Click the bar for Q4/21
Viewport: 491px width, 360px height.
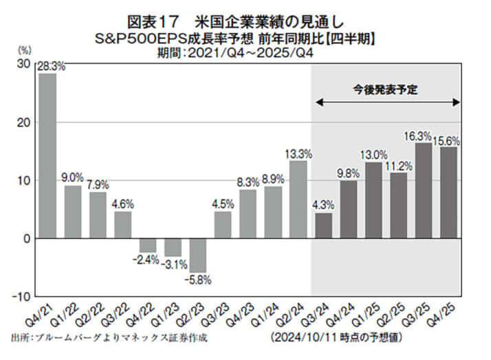click(47, 156)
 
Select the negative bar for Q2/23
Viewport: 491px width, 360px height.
click(197, 255)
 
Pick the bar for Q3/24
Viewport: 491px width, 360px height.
click(323, 226)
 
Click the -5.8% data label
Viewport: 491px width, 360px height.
click(198, 280)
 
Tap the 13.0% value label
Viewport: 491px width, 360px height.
click(373, 155)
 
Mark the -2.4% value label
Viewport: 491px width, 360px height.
click(148, 260)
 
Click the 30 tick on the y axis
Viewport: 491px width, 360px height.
click(23, 63)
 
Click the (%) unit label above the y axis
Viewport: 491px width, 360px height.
click(24, 50)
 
